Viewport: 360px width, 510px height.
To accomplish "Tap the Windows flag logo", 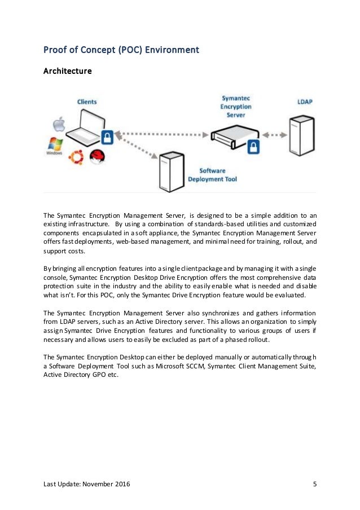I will click(x=55, y=145).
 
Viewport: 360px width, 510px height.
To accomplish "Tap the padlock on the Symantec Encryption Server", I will click(x=254, y=147).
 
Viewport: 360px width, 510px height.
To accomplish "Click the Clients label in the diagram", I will click(x=87, y=102).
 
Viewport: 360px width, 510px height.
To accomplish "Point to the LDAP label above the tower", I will click(x=306, y=102).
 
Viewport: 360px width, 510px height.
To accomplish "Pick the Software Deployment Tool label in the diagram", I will click(x=218, y=175).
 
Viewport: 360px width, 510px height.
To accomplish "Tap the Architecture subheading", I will click(x=68, y=72).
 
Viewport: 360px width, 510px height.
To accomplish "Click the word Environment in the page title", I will click(x=172, y=50).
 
